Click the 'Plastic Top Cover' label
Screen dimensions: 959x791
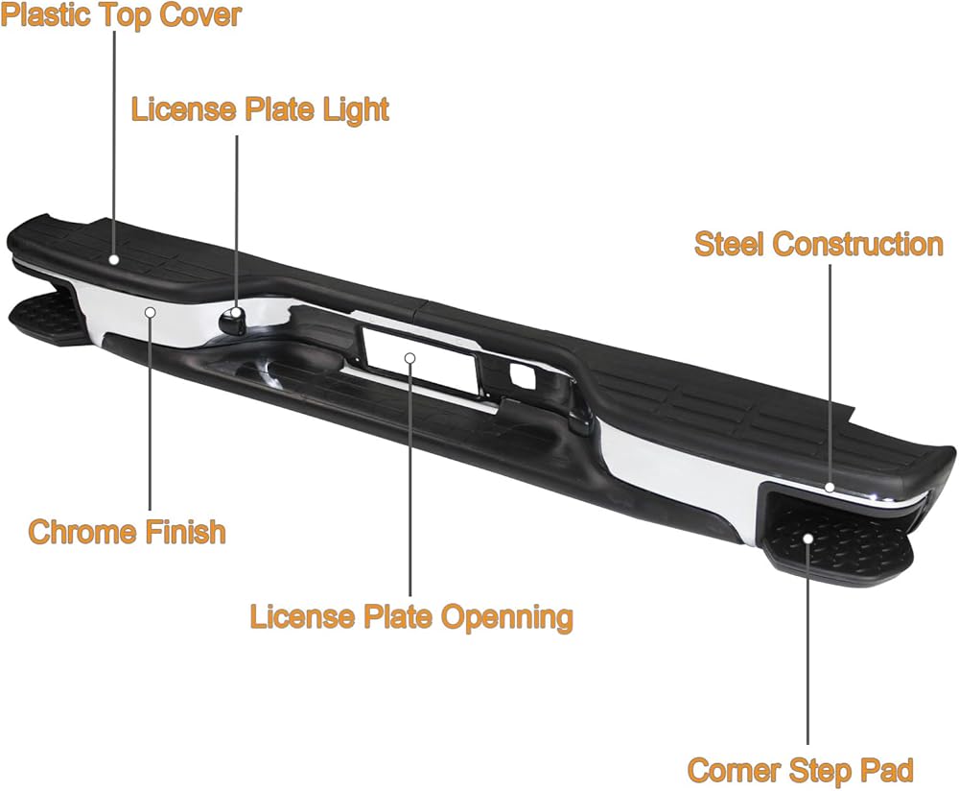coord(121,15)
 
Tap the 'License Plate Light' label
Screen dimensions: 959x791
coord(260,108)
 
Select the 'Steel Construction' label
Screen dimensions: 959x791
coord(818,244)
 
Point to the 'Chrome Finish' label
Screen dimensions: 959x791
coord(127,531)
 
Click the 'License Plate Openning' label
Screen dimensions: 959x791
coord(411,615)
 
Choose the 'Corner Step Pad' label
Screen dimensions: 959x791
coord(800,769)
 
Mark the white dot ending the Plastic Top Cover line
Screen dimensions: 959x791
coord(114,259)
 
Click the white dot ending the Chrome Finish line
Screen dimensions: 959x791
coord(151,311)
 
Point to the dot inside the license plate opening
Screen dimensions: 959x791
coord(409,358)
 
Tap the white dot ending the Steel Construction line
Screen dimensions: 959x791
coord(830,488)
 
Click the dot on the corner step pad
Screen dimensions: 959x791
coord(808,538)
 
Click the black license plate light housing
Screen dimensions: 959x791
coord(233,321)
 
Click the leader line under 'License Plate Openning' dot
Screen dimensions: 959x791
coord(409,480)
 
